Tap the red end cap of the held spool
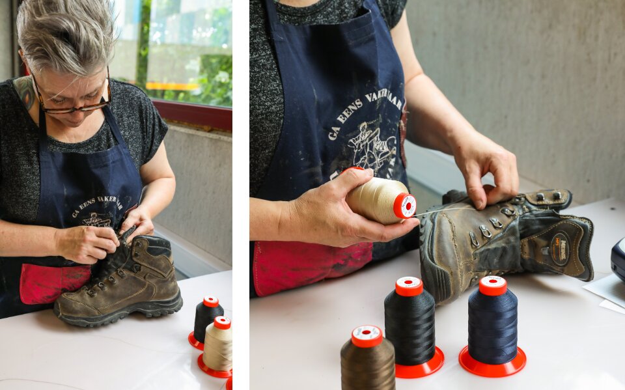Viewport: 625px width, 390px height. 405,206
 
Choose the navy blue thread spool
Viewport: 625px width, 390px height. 493,322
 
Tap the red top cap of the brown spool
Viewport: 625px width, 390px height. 367,335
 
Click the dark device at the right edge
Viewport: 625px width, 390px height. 618,257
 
